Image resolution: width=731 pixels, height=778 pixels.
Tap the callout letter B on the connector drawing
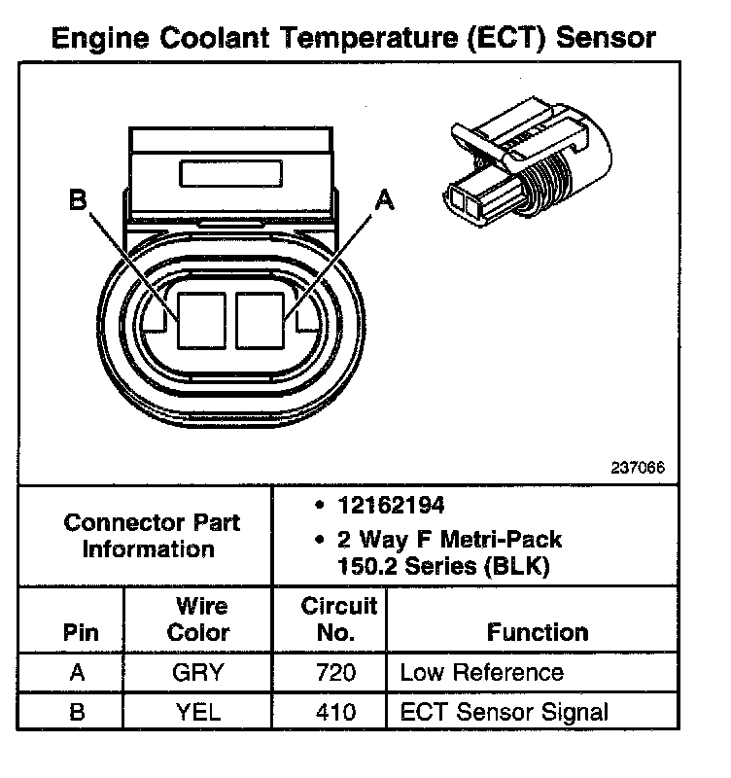pos(78,200)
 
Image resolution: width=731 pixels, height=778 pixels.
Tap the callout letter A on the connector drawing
pos(385,200)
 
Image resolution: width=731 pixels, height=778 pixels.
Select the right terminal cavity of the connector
pos(260,318)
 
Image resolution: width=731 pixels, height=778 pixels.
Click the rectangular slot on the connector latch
pos(231,174)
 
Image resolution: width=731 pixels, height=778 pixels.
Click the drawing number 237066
pos(638,467)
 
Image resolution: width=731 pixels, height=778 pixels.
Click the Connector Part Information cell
pos(151,536)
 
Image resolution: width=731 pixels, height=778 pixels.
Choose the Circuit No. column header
pos(338,619)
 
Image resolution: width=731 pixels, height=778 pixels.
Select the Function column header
pos(538,632)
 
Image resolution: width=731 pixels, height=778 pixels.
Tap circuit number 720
pos(337,672)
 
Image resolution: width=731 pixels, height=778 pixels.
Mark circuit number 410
pos(337,712)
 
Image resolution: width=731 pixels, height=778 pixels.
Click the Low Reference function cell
pos(481,672)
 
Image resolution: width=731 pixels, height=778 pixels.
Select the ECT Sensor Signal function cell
pos(504,712)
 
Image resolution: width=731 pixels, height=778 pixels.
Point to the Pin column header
pos(81,632)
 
